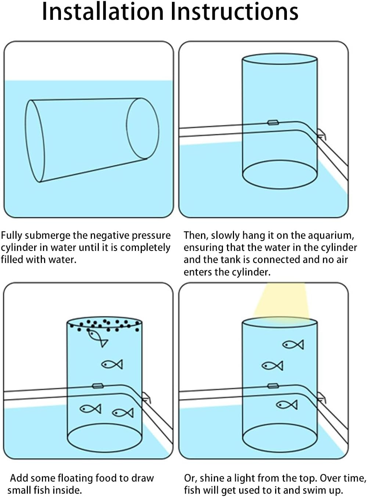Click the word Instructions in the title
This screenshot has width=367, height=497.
(234, 12)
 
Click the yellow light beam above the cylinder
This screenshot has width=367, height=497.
(281, 301)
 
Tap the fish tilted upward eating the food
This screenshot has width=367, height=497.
(97, 338)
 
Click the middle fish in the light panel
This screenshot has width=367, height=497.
(272, 366)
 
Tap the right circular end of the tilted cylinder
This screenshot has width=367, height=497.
(143, 129)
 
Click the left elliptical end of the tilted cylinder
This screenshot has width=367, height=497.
(35, 141)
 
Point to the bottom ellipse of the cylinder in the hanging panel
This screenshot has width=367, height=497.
(280, 174)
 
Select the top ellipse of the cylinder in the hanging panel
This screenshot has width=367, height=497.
(280, 59)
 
